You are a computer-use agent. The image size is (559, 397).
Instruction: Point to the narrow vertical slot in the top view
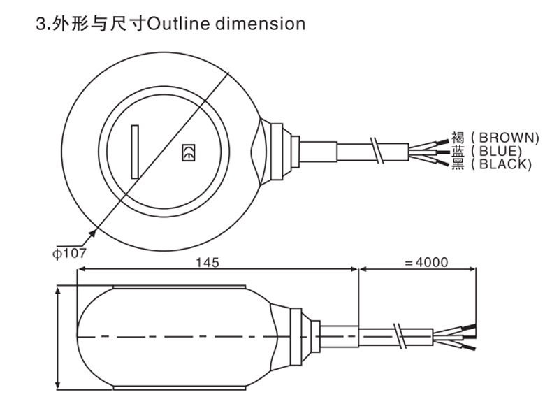click(135, 151)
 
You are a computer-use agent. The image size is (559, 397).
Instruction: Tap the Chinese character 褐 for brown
click(458, 137)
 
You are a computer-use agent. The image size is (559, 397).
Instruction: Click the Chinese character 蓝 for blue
click(458, 151)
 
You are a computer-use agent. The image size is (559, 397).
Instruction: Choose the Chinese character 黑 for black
click(458, 164)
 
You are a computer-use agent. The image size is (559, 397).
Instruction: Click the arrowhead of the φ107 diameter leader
click(94, 227)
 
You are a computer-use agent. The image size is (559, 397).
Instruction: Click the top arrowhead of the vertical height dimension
click(58, 289)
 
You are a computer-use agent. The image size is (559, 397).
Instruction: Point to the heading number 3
click(39, 24)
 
